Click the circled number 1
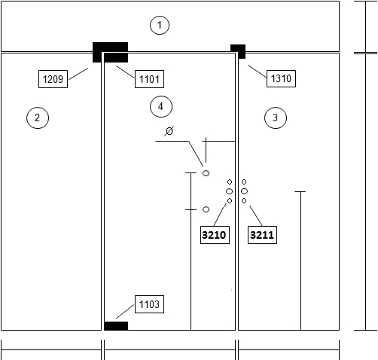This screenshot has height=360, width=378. coord(160,25)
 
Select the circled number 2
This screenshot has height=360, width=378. coord(38,117)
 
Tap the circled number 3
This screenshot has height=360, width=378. coord(276,117)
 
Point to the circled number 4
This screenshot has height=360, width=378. coord(161,106)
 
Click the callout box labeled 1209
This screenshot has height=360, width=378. coord(53,79)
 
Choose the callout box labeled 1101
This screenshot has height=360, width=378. coord(149,79)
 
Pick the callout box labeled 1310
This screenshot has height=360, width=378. coord(281,78)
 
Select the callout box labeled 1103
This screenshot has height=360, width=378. coord(149,304)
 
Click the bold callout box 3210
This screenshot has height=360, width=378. coord(215,235)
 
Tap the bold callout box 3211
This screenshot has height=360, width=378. coord(262,235)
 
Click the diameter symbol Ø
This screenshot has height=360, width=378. coord(169,131)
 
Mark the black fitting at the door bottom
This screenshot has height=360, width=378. coord(116,326)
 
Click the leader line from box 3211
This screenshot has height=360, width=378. coord(256,216)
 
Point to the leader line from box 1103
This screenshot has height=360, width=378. coord(125,312)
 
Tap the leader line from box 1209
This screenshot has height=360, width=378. coord(78,74)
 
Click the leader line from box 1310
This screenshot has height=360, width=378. coord(258,72)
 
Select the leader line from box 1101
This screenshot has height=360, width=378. coord(126,72)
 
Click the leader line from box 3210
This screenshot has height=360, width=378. coord(220,215)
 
